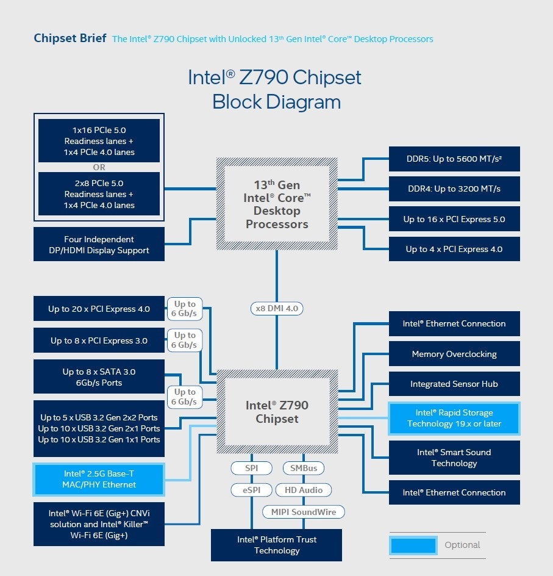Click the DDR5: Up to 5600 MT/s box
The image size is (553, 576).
pos(454,159)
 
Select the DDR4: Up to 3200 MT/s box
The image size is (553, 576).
pos(454,189)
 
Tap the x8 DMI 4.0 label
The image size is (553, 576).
pos(276,308)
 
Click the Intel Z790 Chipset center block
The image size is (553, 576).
pos(276,412)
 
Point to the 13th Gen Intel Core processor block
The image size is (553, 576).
pos(277,204)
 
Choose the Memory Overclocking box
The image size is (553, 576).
pos(454,354)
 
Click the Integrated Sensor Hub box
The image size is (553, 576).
pos(454,384)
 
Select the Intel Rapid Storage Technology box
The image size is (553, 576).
pos(454,418)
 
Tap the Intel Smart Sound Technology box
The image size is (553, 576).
pos(454,458)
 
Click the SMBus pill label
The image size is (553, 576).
pos(303,468)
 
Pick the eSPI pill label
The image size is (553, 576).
pos(251,489)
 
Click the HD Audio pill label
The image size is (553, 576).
pos(303,489)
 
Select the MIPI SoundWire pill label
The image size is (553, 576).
pos(303,511)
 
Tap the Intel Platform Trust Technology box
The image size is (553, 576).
pos(276,545)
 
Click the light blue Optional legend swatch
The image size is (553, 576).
pos(413,545)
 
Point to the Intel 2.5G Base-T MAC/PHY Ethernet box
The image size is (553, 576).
pos(99,479)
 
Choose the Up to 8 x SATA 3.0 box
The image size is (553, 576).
pos(99,377)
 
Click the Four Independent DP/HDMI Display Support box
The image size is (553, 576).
pos(99,245)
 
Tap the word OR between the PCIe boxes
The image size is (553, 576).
pos(99,167)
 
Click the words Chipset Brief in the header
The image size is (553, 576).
pos(70,38)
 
